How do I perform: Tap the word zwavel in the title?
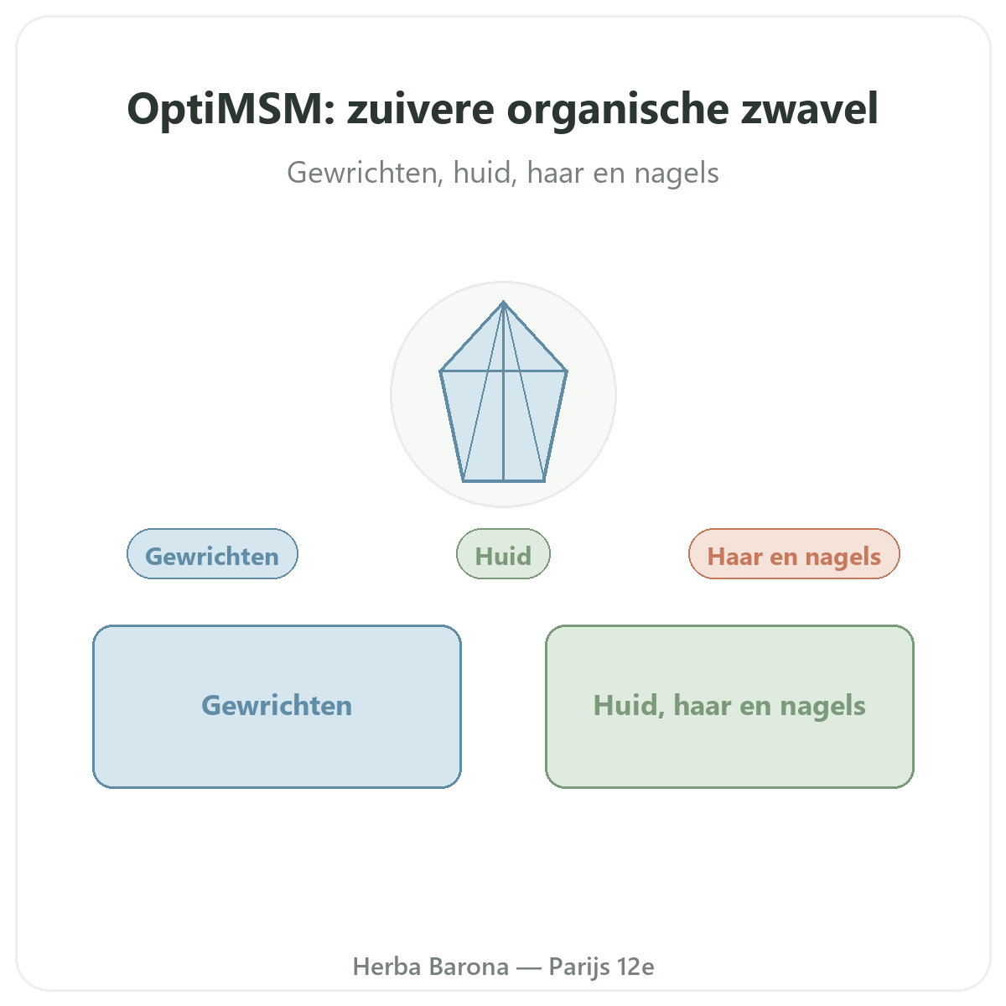[809, 109]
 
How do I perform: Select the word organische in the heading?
[617, 110]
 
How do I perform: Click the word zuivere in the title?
[421, 109]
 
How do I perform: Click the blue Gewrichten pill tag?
[212, 554]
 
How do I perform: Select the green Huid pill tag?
[503, 554]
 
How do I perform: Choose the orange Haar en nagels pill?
[794, 554]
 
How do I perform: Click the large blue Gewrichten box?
[277, 707]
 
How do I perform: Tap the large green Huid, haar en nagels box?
[729, 707]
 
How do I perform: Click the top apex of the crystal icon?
[503, 302]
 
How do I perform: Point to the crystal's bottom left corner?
[463, 481]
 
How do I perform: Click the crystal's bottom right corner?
[545, 481]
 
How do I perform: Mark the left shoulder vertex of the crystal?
[441, 371]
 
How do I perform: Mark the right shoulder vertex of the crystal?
[567, 371]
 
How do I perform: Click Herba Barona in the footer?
[431, 967]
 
